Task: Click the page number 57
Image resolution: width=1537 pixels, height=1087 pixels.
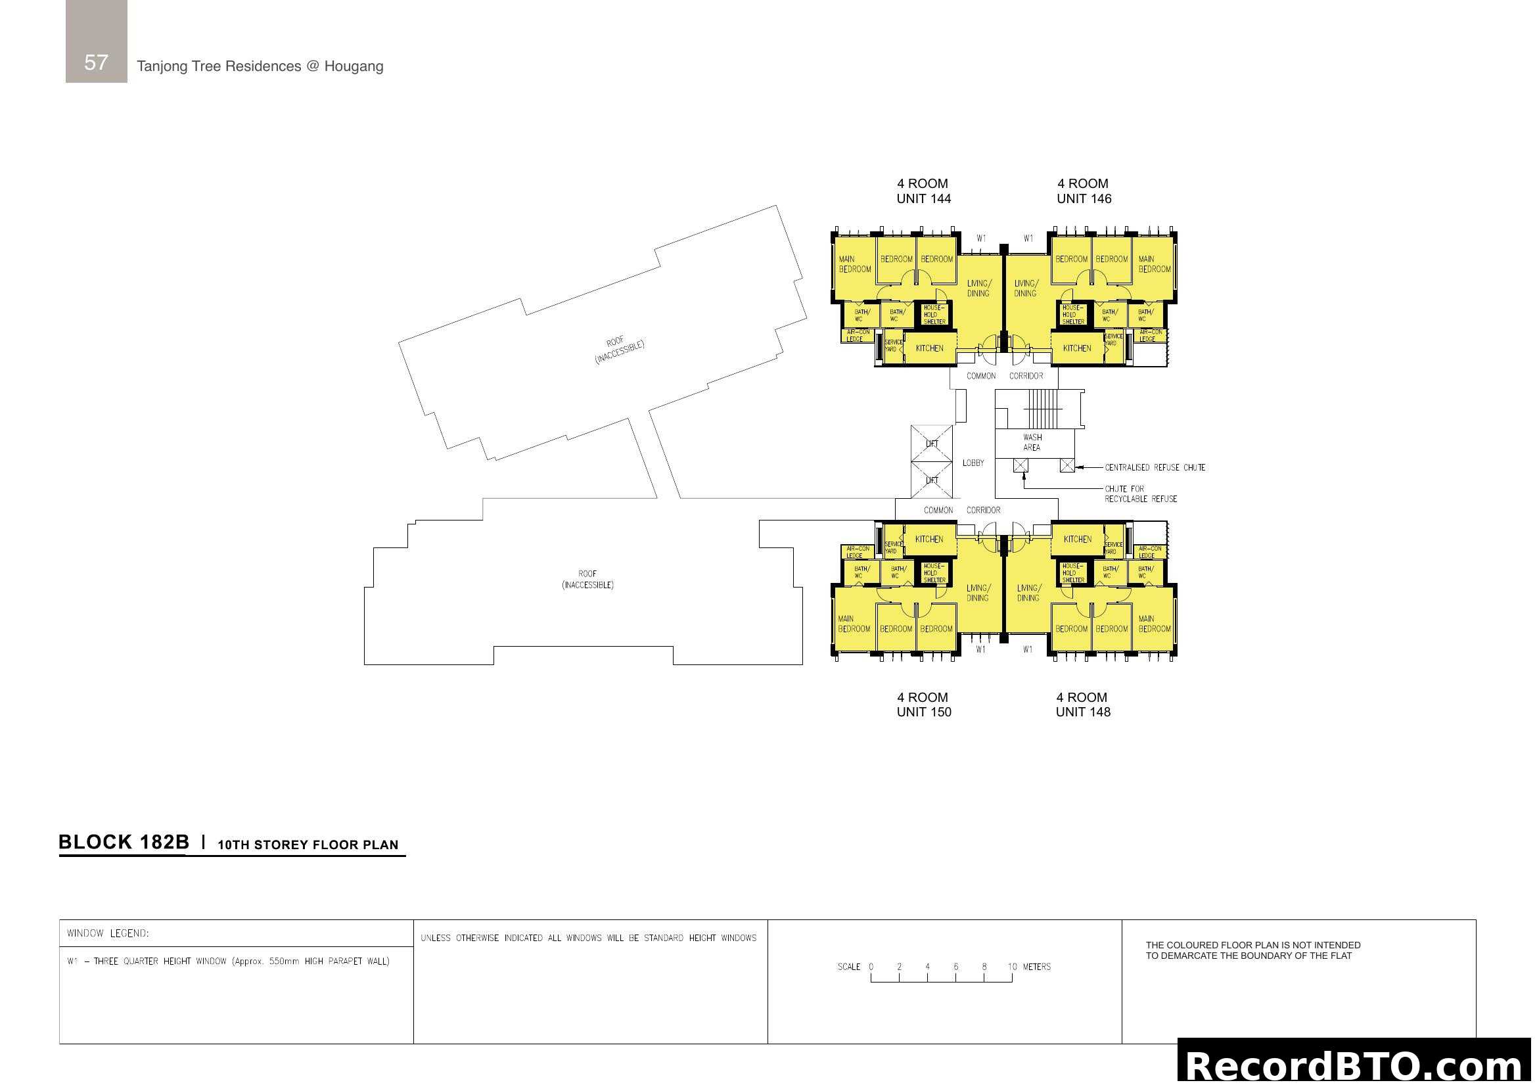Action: pos(96,62)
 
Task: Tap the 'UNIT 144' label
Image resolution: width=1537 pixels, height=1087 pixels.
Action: pos(923,198)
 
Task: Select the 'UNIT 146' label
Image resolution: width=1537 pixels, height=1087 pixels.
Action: pos(1084,198)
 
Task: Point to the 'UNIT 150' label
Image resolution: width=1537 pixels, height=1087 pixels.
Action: pos(924,712)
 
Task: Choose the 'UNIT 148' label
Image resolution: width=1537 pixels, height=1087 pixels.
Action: pos(1082,712)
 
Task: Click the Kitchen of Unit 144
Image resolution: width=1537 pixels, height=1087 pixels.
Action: pos(929,348)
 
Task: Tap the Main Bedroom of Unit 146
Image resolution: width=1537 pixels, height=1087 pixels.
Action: pos(1154,264)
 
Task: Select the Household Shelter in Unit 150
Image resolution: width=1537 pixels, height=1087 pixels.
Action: pos(934,573)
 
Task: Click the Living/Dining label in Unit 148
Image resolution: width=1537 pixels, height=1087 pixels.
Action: pos(1028,593)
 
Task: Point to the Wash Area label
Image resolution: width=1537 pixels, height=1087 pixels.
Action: pos(1032,442)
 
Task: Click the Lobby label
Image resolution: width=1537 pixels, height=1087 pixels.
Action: pos(973,463)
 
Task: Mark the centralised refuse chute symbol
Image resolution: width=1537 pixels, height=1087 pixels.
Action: pos(1067,465)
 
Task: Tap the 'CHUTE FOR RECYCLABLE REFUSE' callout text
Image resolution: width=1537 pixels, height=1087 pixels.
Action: pos(1140,494)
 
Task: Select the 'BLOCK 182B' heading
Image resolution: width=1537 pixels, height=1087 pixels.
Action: pos(124,842)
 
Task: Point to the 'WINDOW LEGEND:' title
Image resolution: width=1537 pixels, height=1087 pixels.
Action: pos(108,934)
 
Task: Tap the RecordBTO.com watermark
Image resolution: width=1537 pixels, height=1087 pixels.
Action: pos(1356,1065)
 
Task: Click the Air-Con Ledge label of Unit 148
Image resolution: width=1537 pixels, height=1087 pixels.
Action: pos(1146,552)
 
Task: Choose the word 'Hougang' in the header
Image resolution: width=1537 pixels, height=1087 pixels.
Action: pos(354,66)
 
